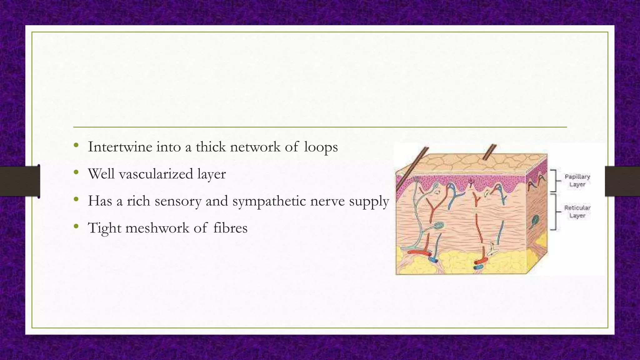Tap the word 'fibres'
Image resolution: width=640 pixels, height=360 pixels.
230,228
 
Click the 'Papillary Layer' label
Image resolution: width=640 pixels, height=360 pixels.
577,181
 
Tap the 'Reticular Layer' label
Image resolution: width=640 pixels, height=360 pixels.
577,212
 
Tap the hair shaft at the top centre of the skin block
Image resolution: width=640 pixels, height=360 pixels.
489,152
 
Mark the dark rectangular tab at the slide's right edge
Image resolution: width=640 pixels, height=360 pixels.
622,181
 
